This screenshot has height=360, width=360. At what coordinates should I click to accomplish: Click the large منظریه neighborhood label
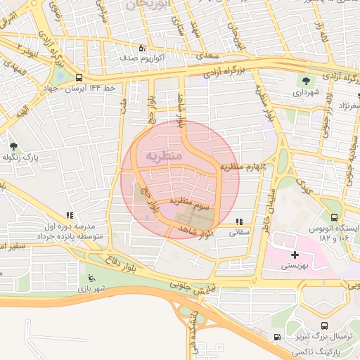[x=162, y=154]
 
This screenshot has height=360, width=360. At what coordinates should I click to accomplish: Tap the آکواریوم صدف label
[x=142, y=58]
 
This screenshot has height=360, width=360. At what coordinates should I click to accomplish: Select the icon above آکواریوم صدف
[x=142, y=48]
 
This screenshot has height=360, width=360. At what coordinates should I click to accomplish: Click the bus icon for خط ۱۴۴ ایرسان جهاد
[x=78, y=77]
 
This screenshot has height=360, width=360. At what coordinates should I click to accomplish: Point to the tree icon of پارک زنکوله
[x=14, y=146]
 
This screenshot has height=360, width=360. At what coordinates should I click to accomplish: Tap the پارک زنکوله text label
[x=34, y=159]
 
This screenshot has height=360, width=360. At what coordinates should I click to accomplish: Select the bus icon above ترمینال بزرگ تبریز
[x=324, y=326]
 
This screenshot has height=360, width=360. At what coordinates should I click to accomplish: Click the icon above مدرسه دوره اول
[x=68, y=215]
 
